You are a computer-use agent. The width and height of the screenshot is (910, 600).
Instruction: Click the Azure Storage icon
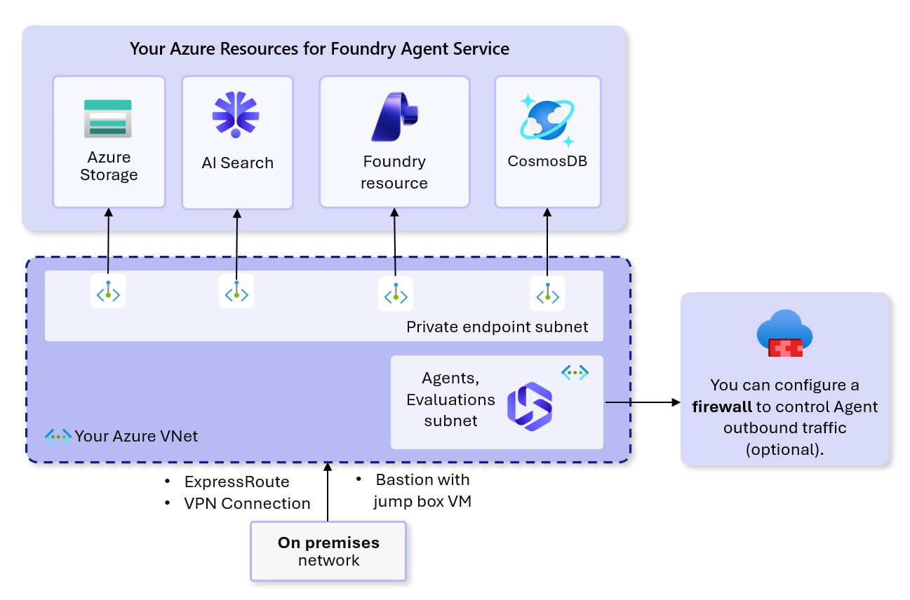click(107, 118)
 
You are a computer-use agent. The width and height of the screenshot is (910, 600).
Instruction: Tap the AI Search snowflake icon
click(236, 114)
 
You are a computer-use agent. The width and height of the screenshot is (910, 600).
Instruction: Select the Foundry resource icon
click(394, 117)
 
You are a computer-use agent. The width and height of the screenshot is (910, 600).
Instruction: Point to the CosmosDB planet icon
click(547, 120)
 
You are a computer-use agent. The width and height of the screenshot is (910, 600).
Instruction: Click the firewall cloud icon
click(785, 334)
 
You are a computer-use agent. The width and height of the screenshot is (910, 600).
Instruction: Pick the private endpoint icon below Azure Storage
click(108, 291)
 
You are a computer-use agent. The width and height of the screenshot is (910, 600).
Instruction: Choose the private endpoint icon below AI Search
click(236, 291)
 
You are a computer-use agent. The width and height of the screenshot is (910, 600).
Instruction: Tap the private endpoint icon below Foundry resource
click(396, 294)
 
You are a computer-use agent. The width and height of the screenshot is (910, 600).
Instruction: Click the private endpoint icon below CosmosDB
click(547, 294)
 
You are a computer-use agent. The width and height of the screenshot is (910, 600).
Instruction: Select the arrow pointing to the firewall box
click(643, 402)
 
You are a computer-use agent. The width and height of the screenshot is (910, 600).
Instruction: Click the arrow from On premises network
click(328, 492)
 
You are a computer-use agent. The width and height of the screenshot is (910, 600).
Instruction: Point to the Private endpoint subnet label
click(497, 327)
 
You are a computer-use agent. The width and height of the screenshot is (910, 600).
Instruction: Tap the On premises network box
click(328, 552)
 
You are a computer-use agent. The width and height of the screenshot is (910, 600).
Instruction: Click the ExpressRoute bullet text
click(237, 482)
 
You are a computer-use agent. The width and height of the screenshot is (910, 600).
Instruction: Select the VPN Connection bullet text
click(247, 503)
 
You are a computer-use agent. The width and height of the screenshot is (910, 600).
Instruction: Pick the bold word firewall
click(722, 407)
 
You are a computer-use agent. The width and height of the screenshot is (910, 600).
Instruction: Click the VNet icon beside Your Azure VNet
click(58, 437)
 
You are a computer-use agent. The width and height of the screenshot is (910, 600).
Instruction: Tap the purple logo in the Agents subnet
click(529, 407)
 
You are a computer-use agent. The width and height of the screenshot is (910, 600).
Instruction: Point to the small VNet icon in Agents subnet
click(575, 372)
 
